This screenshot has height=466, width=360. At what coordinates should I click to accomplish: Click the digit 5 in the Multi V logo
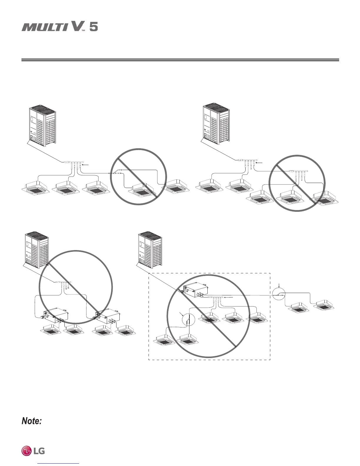click(94, 27)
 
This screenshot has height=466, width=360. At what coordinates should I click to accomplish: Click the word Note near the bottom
click(31, 421)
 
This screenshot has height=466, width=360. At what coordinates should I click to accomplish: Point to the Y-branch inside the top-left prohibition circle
click(116, 173)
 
